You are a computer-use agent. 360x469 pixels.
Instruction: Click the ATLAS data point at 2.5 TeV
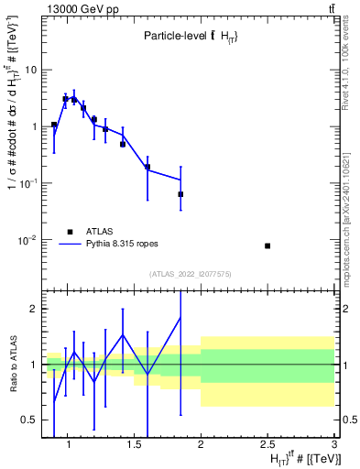click(267, 245)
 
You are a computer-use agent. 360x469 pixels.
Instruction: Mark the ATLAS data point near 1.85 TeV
click(180, 194)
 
